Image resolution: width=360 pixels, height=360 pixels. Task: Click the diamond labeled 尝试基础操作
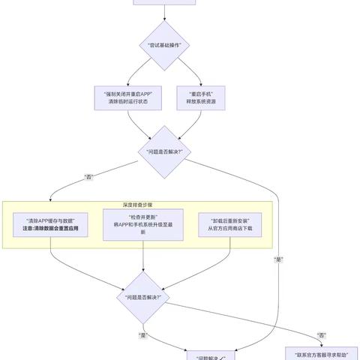(x=164, y=46)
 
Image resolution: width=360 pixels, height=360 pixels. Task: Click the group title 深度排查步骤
(x=143, y=204)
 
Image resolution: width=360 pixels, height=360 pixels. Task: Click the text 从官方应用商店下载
(x=230, y=229)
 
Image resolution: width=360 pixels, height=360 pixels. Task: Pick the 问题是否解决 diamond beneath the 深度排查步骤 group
(x=143, y=297)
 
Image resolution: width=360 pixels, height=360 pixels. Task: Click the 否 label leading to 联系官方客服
(x=322, y=334)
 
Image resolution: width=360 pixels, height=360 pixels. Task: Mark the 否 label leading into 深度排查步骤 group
(x=90, y=178)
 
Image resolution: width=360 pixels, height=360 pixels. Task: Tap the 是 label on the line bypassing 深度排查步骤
(x=279, y=259)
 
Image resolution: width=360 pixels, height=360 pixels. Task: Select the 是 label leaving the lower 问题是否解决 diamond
(x=142, y=334)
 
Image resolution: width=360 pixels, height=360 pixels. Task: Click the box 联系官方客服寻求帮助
(x=322, y=353)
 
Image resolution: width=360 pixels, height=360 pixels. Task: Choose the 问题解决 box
(x=211, y=355)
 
